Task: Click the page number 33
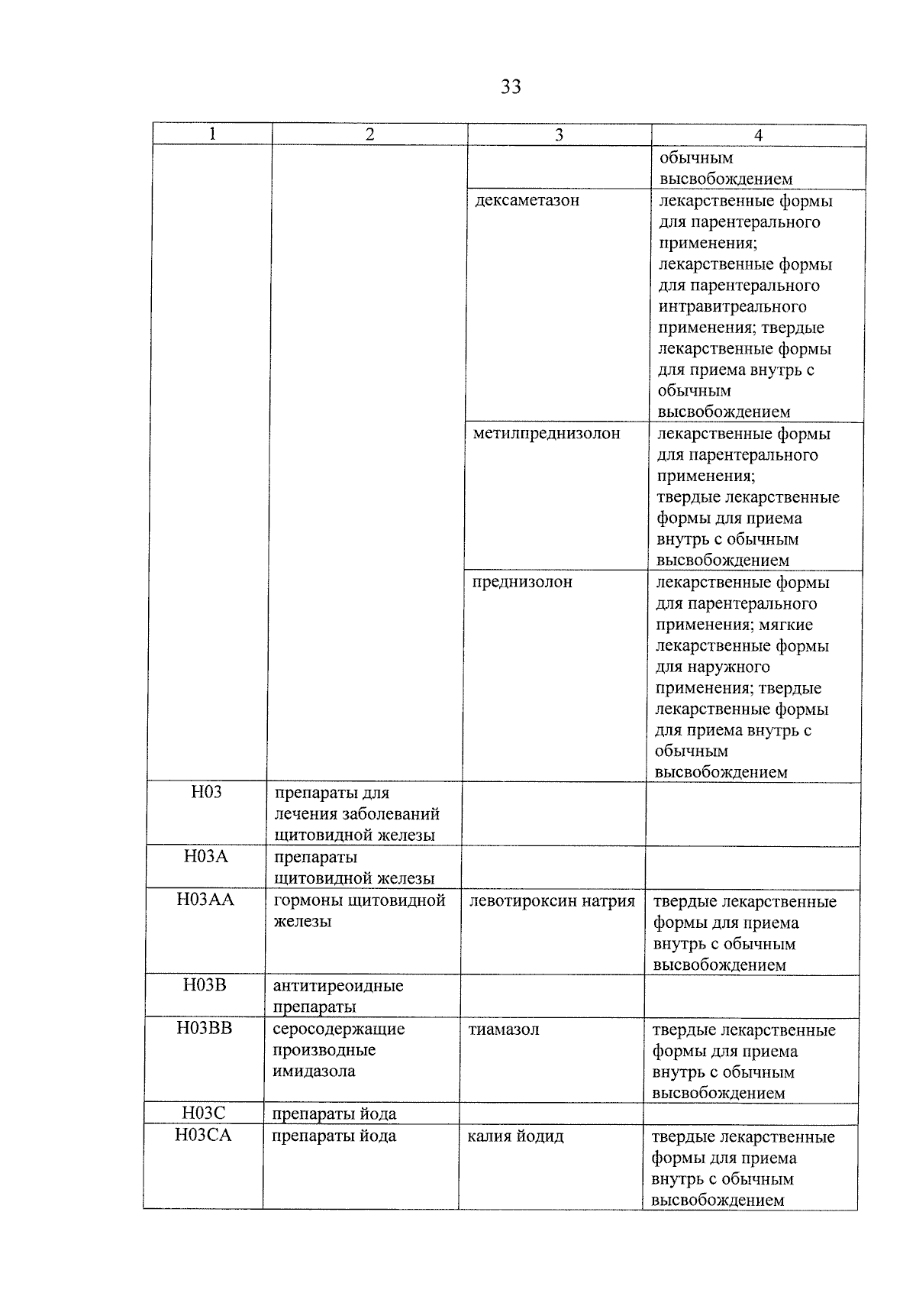pos(511,87)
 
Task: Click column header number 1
pos(212,134)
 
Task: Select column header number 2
pos(369,134)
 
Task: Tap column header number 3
pos(559,135)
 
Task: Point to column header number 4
pos(758,135)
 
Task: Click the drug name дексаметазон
pos(527,201)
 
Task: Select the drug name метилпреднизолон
pos(547,434)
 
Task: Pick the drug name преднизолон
pos(522,582)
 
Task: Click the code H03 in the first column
pos(206,792)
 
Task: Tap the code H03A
pos(205,856)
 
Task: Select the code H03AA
pos(205,900)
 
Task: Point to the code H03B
pos(205,984)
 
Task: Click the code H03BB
pos(204,1028)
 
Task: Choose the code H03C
pos(204,1113)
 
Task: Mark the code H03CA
pos(203,1135)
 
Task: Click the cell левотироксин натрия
pos(552,901)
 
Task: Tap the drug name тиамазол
pos(504,1029)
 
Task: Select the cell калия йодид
pos(515,1136)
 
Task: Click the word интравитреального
pos(732,307)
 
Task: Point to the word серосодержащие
pos(339,1029)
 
